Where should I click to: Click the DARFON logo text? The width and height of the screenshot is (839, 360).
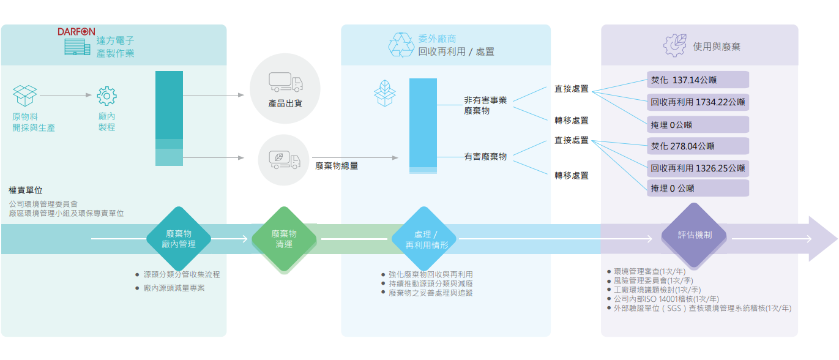pos(77,31)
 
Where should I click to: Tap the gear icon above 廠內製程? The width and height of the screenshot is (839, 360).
pos(107,96)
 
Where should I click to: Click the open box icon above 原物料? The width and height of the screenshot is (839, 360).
pos(25,96)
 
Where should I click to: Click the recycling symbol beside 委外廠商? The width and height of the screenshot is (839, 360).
pos(401,45)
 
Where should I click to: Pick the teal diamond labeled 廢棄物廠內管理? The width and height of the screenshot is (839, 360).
pos(179,239)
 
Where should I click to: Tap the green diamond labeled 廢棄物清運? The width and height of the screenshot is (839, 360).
pos(284,239)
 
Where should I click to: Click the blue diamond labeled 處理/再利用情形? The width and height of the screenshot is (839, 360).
pos(427,239)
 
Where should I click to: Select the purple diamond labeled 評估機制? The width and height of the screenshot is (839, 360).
pos(695,235)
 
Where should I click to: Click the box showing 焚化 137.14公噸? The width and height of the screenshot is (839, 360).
pos(698,80)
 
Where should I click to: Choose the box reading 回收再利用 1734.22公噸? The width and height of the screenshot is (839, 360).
pos(698,102)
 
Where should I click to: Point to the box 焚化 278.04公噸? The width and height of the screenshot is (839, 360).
pos(698,146)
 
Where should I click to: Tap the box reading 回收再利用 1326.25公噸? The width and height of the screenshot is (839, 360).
pos(698,168)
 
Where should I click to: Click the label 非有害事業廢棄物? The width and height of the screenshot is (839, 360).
pos(485,105)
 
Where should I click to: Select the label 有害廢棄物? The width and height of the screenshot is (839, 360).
pos(485,157)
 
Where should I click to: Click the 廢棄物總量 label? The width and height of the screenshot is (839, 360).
pos(337,165)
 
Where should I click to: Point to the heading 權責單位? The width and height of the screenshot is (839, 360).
pos(26,190)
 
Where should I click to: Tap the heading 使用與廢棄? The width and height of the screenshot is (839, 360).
pos(717,47)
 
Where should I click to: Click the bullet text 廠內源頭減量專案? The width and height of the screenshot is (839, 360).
pos(174,288)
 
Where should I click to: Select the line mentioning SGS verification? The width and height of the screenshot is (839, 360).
pos(702,309)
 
